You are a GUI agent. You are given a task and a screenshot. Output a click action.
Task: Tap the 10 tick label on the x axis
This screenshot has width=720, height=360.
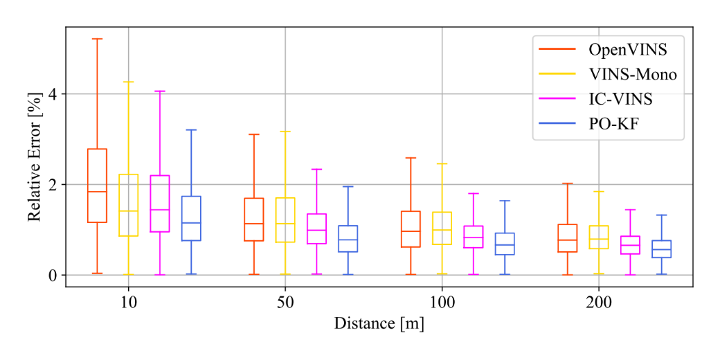pos(128,303)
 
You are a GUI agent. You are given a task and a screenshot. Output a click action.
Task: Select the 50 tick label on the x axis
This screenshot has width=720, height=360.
pos(285,303)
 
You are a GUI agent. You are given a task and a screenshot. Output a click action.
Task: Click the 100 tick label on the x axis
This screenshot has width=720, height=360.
pos(442,303)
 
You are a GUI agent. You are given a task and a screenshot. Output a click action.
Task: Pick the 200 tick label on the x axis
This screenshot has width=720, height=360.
pos(598,303)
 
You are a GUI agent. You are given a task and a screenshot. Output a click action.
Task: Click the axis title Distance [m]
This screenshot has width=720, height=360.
pos(379,323)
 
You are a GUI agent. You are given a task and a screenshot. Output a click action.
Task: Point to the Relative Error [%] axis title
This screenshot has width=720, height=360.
pos(35,161)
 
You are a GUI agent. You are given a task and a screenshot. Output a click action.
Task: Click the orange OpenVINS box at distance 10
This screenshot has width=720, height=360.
pos(97,186)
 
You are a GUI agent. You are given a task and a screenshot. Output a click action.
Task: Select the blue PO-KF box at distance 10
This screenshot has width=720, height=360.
pos(191,218)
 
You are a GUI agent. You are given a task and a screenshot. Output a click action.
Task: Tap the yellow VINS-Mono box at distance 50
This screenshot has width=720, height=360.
pos(285,220)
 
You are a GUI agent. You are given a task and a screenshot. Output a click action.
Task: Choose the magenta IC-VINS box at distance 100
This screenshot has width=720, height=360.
pos(474,237)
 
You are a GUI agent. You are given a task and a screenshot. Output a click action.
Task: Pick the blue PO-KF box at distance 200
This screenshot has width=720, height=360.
pos(662,249)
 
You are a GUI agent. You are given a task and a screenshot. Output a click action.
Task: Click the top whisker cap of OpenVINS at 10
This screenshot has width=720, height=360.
pos(97,39)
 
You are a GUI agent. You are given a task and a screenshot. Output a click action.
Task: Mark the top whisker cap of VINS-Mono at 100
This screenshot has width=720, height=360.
pos(442,163)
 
